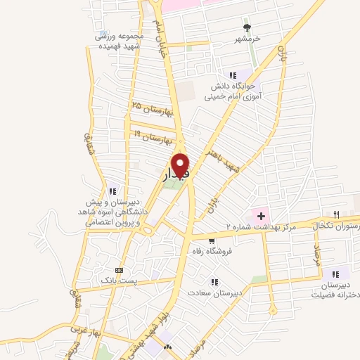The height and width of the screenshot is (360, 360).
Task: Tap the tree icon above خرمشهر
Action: [245, 27]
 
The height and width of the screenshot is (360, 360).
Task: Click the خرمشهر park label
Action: [246, 39]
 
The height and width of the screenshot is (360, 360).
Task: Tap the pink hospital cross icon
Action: [261, 215]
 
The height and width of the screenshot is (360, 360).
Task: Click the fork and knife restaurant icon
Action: [337, 214]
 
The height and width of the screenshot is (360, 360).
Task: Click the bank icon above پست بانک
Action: [118, 270]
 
